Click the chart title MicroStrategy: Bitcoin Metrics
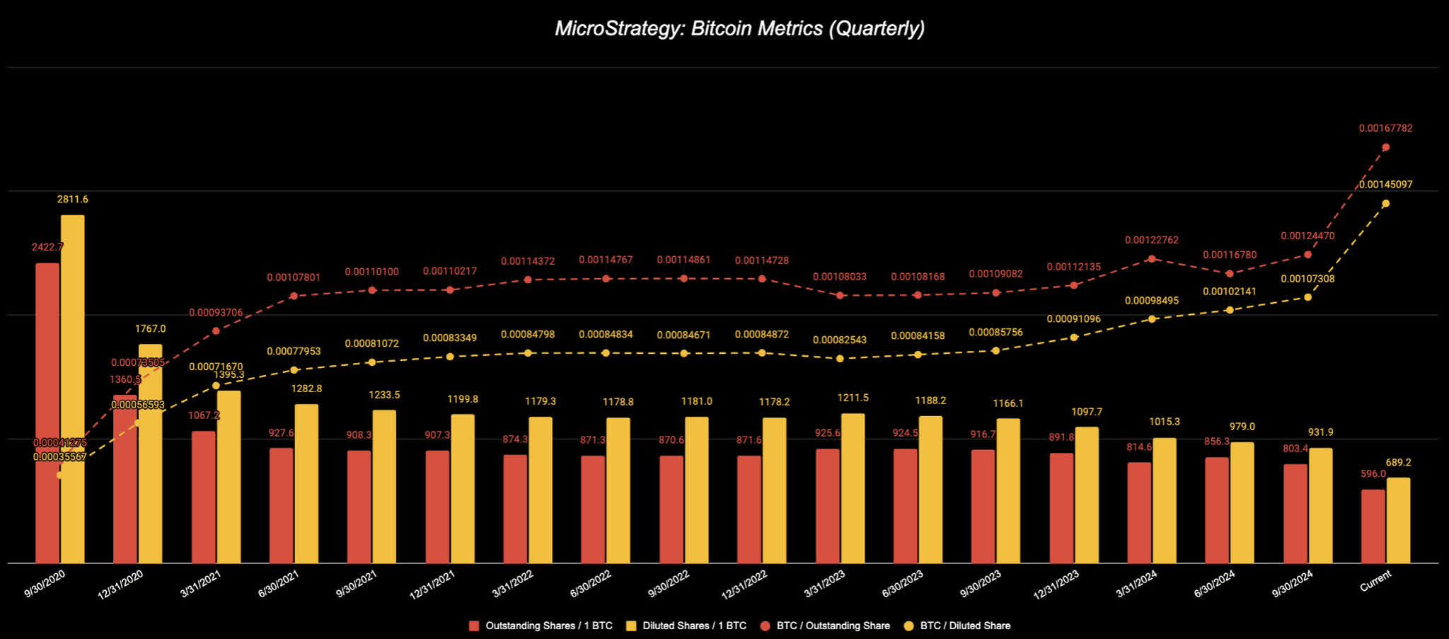pyautogui.click(x=739, y=28)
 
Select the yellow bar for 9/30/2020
pyautogui.click(x=72, y=389)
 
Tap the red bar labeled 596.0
pyautogui.click(x=1373, y=526)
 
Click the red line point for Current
pyautogui.click(x=1385, y=147)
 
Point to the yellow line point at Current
pyautogui.click(x=1385, y=203)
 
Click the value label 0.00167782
pyautogui.click(x=1385, y=128)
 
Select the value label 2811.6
pyautogui.click(x=72, y=200)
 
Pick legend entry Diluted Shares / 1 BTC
pyautogui.click(x=694, y=626)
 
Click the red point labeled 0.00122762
pyautogui.click(x=1152, y=259)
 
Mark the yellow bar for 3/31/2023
pyautogui.click(x=853, y=488)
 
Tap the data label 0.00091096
pyautogui.click(x=1073, y=319)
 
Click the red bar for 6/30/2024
pyautogui.click(x=1217, y=510)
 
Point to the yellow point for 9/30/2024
pyautogui.click(x=1307, y=297)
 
